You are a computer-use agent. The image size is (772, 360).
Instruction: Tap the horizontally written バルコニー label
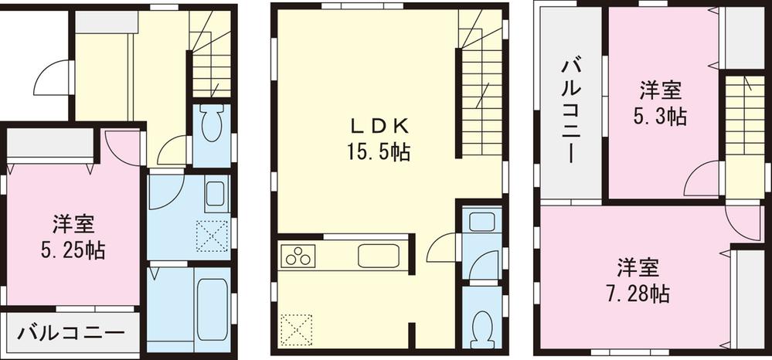point(70,335)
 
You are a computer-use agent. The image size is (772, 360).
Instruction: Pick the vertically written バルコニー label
point(572,109)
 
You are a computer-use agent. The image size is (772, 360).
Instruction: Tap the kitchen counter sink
point(378,254)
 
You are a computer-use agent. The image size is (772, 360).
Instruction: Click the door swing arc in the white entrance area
point(51,77)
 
